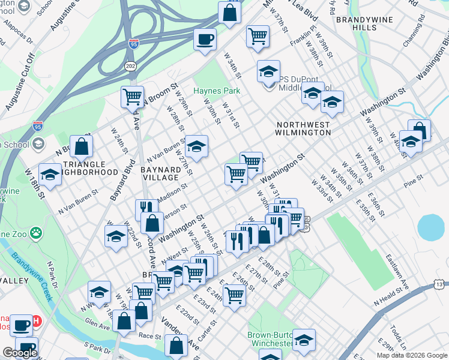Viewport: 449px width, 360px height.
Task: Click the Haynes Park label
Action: [216, 91]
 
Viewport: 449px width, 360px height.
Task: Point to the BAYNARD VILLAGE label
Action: [160, 173]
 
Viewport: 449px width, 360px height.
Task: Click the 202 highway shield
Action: [130, 65]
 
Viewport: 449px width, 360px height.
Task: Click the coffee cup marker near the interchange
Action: [205, 40]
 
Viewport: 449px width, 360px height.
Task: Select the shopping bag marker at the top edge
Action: [229, 13]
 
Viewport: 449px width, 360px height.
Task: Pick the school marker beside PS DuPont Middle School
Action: [268, 72]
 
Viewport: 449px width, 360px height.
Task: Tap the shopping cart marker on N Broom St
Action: [132, 96]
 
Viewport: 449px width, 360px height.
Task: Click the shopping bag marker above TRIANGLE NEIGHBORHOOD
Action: [82, 146]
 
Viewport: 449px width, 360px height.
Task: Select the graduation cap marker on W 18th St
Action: [50, 175]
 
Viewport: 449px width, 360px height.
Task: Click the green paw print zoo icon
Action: [37, 231]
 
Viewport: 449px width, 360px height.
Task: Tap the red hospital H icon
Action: [37, 322]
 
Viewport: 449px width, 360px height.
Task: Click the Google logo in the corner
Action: [20, 353]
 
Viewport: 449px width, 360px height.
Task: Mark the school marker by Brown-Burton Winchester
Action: [304, 340]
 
